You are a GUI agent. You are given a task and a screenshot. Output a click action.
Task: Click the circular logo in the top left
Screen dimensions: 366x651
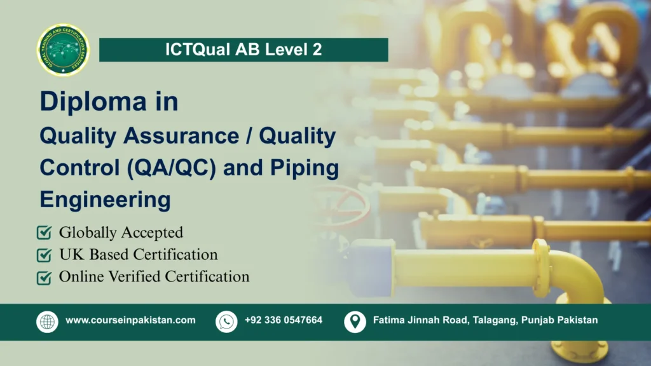(64, 50)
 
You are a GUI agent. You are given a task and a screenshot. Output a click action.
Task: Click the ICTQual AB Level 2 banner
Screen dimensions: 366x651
(243, 50)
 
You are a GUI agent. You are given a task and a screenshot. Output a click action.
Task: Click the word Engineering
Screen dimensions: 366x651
(105, 199)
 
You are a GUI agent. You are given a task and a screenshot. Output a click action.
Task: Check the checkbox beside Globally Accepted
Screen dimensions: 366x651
(45, 233)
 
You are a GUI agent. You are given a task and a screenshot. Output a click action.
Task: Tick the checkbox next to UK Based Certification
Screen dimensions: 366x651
(45, 255)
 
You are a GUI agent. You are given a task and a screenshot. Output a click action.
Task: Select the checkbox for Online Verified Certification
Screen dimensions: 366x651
(45, 278)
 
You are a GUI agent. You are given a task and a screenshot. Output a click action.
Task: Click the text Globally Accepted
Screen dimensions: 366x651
(121, 233)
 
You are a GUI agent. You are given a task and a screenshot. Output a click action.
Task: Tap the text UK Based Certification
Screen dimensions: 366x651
(138, 255)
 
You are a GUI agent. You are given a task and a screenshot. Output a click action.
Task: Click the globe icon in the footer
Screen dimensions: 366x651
(47, 322)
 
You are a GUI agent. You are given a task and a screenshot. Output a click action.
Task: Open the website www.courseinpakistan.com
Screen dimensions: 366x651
(130, 320)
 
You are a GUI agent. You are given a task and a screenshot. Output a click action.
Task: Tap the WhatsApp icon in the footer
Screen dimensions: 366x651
(226, 322)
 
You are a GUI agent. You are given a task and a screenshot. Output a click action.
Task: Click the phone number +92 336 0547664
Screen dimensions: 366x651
(284, 320)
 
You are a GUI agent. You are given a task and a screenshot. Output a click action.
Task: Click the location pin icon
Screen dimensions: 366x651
(355, 322)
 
